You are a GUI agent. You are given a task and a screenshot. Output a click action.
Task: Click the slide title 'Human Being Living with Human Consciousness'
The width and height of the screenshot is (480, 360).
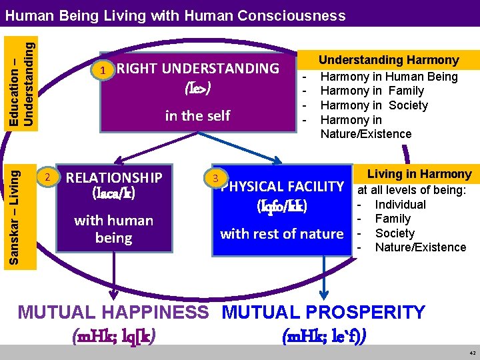click(x=179, y=15)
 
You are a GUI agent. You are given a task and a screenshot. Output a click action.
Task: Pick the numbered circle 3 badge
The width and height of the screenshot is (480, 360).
click(x=215, y=178)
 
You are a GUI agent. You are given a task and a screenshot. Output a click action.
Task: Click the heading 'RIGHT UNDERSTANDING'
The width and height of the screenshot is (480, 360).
click(x=198, y=68)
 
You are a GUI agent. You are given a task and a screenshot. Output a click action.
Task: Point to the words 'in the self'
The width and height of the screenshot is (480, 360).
click(x=197, y=115)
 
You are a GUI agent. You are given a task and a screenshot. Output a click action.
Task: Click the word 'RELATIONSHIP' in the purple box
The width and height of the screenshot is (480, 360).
click(x=114, y=177)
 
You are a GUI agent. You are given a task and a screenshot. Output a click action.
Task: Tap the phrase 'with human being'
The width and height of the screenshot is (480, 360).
click(x=113, y=229)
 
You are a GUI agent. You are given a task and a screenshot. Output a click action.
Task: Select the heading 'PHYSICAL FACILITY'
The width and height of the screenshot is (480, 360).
click(x=282, y=186)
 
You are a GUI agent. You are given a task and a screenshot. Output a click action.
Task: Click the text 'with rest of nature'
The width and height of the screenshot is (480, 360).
click(x=282, y=233)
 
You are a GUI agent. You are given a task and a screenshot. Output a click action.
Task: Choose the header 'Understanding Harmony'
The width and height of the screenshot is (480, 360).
click(x=388, y=60)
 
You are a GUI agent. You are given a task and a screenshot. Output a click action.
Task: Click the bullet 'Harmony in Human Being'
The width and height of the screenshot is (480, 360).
click(x=389, y=76)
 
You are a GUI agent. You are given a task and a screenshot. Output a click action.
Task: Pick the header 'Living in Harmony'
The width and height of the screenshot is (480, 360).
click(x=419, y=175)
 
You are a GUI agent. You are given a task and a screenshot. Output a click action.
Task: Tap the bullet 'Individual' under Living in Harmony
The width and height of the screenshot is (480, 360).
click(x=400, y=204)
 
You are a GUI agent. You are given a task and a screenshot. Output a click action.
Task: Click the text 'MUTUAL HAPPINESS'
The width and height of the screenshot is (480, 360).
click(x=113, y=313)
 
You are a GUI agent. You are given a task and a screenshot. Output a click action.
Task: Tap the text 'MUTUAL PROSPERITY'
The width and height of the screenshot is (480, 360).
click(x=323, y=313)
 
